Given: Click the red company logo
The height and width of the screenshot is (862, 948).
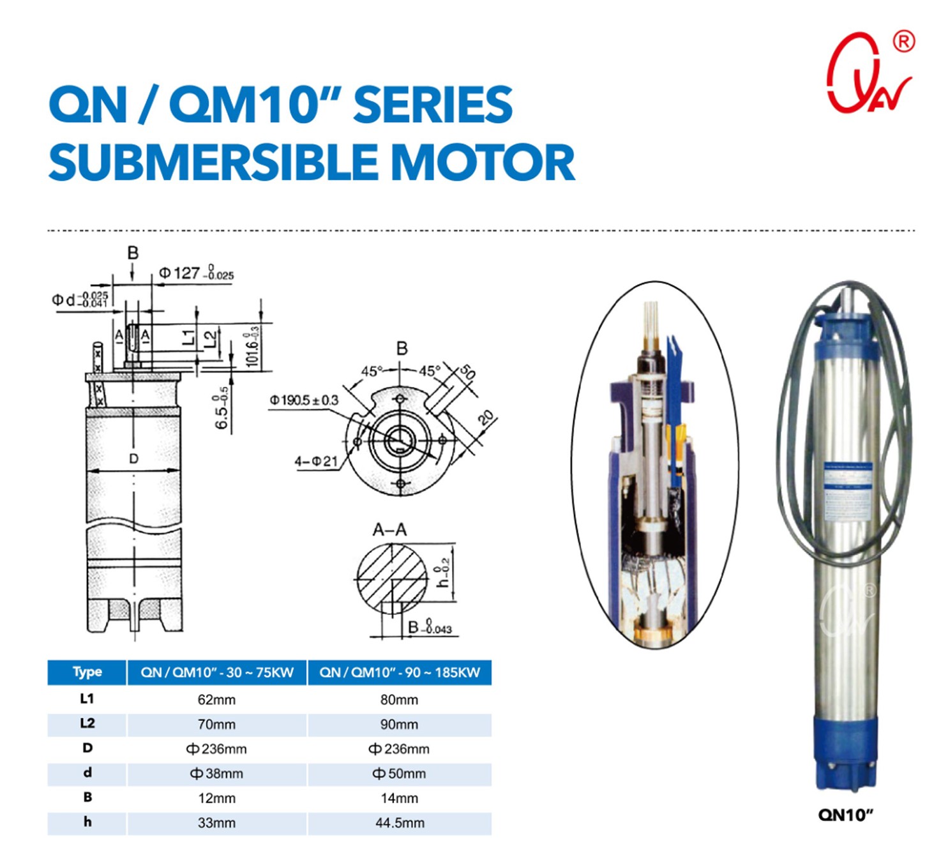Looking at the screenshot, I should click(869, 74).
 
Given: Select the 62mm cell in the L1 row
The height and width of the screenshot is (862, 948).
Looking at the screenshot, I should click(216, 700).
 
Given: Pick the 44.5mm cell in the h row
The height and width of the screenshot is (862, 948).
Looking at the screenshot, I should click(400, 823).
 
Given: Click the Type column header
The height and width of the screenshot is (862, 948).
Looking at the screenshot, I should click(87, 672).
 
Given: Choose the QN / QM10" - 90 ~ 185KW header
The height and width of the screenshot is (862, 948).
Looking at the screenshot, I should click(400, 672).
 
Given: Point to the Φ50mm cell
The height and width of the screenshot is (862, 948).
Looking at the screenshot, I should click(400, 774).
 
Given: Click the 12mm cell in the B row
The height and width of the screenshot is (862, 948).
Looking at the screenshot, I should click(216, 798).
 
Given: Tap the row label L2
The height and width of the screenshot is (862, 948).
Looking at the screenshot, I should click(87, 723).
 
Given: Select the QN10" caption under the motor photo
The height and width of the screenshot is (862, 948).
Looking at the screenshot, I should click(845, 815).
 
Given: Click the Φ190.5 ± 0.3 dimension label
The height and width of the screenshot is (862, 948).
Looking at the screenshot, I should click(304, 400).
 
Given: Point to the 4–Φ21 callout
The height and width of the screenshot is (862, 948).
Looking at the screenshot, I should click(315, 461).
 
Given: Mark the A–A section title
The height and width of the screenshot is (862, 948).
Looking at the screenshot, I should click(389, 529).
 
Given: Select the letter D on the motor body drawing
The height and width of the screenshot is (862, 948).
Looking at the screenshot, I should click(133, 458).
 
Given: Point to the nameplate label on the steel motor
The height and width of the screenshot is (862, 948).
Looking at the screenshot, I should click(848, 491).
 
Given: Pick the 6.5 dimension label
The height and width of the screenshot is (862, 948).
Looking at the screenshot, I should click(222, 409).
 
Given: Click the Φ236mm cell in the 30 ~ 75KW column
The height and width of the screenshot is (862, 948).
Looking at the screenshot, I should click(216, 749).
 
